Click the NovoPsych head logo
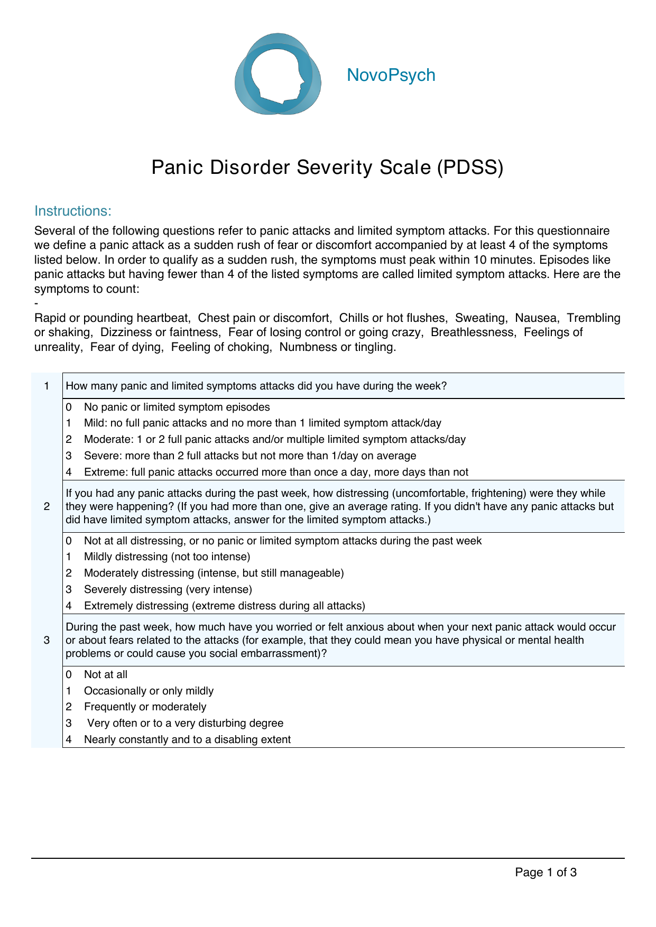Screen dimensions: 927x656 [x=278, y=74]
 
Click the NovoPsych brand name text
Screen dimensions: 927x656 [x=391, y=75]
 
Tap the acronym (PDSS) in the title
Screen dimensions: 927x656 [x=470, y=168]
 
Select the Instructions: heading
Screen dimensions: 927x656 [x=73, y=211]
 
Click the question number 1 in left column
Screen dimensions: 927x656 [x=47, y=386]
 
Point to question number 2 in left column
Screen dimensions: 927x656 [x=47, y=506]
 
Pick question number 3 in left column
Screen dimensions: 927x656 [x=47, y=640]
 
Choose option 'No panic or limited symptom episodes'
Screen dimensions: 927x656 [x=177, y=407]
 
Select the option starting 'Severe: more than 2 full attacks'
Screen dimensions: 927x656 [x=250, y=456]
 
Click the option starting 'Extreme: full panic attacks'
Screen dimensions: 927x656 [x=275, y=472]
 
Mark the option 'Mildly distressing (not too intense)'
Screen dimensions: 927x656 [x=167, y=557]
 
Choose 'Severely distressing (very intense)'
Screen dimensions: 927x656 [x=168, y=589]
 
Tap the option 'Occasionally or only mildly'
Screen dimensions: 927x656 [x=149, y=691]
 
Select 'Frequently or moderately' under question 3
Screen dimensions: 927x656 [x=145, y=707]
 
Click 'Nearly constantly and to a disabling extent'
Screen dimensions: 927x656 [x=187, y=739]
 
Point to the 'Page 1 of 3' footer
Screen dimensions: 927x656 [x=546, y=873]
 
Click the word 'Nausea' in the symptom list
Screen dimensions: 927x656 [x=535, y=318]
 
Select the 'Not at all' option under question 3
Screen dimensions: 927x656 [x=106, y=674]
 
